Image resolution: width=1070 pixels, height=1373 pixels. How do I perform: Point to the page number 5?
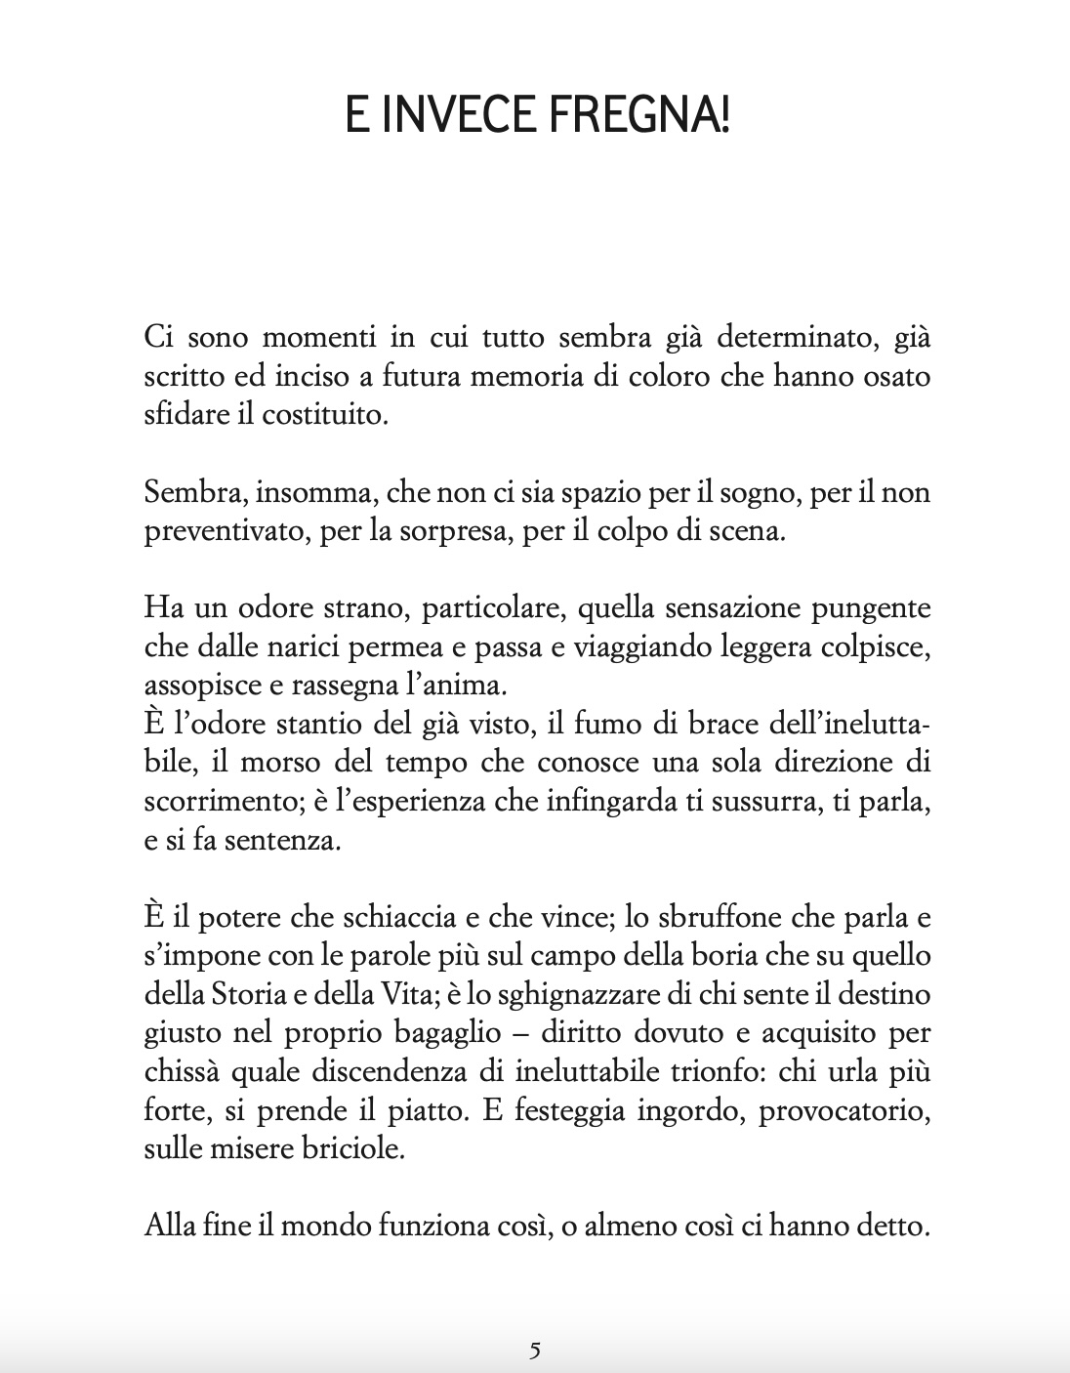[x=534, y=1351]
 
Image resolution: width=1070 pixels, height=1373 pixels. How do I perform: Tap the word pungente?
[x=875, y=608]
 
